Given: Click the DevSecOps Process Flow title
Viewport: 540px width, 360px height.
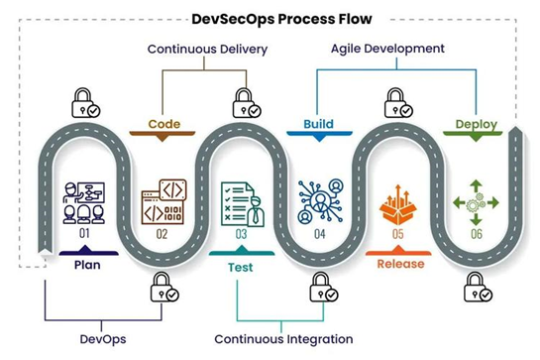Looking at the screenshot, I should [x=270, y=17].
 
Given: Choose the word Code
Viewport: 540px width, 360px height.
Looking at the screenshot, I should [x=164, y=125].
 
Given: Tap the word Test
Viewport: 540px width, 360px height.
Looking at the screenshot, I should [x=242, y=265].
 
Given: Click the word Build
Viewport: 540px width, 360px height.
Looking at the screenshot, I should [x=317, y=125].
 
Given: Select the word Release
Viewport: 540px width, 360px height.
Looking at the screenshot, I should [x=400, y=265].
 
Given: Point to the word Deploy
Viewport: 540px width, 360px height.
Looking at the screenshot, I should [x=476, y=125].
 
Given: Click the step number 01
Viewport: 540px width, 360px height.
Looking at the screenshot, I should [x=83, y=235].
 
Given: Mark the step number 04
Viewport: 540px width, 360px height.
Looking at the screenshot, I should [x=319, y=235].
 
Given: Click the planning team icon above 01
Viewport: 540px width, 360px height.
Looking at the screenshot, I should [x=83, y=200].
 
